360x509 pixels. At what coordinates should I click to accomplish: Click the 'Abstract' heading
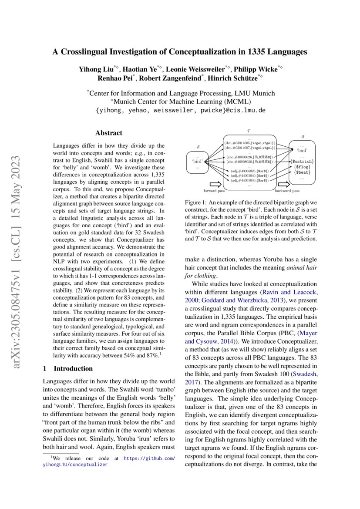(109, 133)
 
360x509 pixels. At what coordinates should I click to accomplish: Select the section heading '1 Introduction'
(68, 368)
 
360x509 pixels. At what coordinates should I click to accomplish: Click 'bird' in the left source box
(198, 162)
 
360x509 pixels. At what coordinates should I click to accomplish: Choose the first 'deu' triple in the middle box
(249, 142)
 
